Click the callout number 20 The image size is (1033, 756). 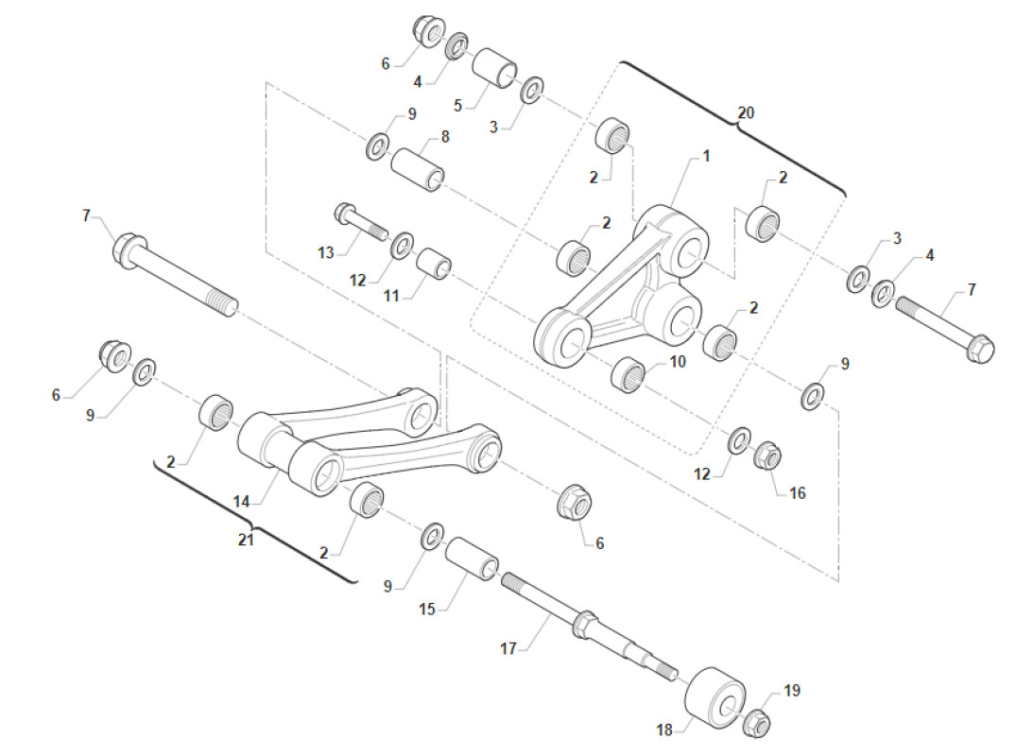coord(746,112)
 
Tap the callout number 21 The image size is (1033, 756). coord(247,540)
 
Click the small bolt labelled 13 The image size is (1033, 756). coord(359,222)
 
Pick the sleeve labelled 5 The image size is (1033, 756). coord(495,68)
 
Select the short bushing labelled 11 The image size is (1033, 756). coord(435,264)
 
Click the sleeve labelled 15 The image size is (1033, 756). coord(471,558)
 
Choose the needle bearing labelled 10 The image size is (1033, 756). coord(628,375)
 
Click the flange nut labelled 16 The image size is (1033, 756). coord(766,457)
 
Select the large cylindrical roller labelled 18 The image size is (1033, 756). coord(714,696)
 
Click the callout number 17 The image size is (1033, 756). coord(508,649)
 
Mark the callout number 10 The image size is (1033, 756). coord(678,362)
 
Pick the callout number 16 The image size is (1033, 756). coord(797,493)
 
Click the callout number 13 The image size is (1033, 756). coord(326,252)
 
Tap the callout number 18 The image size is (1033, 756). coord(665,730)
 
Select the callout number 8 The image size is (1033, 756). coord(444,136)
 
